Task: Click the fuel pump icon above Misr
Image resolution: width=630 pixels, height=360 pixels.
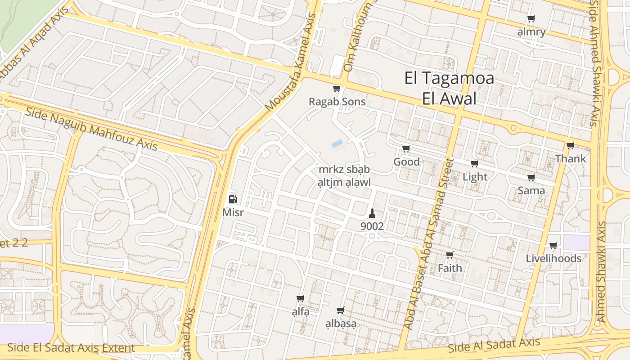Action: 233,199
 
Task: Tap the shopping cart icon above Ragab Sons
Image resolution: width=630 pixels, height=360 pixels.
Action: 337,89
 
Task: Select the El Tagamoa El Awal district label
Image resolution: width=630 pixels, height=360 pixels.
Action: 449,88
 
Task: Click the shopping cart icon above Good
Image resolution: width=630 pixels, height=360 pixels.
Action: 406,149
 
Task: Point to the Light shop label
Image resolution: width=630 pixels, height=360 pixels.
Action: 475,177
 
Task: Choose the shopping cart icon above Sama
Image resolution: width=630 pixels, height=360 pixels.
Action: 531,178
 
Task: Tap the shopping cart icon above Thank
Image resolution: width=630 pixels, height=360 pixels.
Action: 570,146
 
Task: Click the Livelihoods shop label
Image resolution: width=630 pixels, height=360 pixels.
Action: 553,259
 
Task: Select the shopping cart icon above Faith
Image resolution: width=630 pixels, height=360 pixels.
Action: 450,255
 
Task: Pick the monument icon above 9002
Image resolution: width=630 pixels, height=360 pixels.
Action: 372,213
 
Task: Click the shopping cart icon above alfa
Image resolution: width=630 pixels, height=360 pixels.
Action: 301,299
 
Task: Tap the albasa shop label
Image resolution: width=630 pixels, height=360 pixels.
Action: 341,324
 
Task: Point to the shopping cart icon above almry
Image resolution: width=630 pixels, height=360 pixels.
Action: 531,19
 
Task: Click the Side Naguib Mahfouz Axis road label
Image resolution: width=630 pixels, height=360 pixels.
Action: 91,129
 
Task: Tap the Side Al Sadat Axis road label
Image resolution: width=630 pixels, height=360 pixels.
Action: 494,345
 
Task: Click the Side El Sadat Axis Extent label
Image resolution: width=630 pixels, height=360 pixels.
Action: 71,348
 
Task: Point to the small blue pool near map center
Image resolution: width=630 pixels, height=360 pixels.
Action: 337,144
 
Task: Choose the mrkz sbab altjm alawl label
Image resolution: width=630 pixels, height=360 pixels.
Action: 344,176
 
